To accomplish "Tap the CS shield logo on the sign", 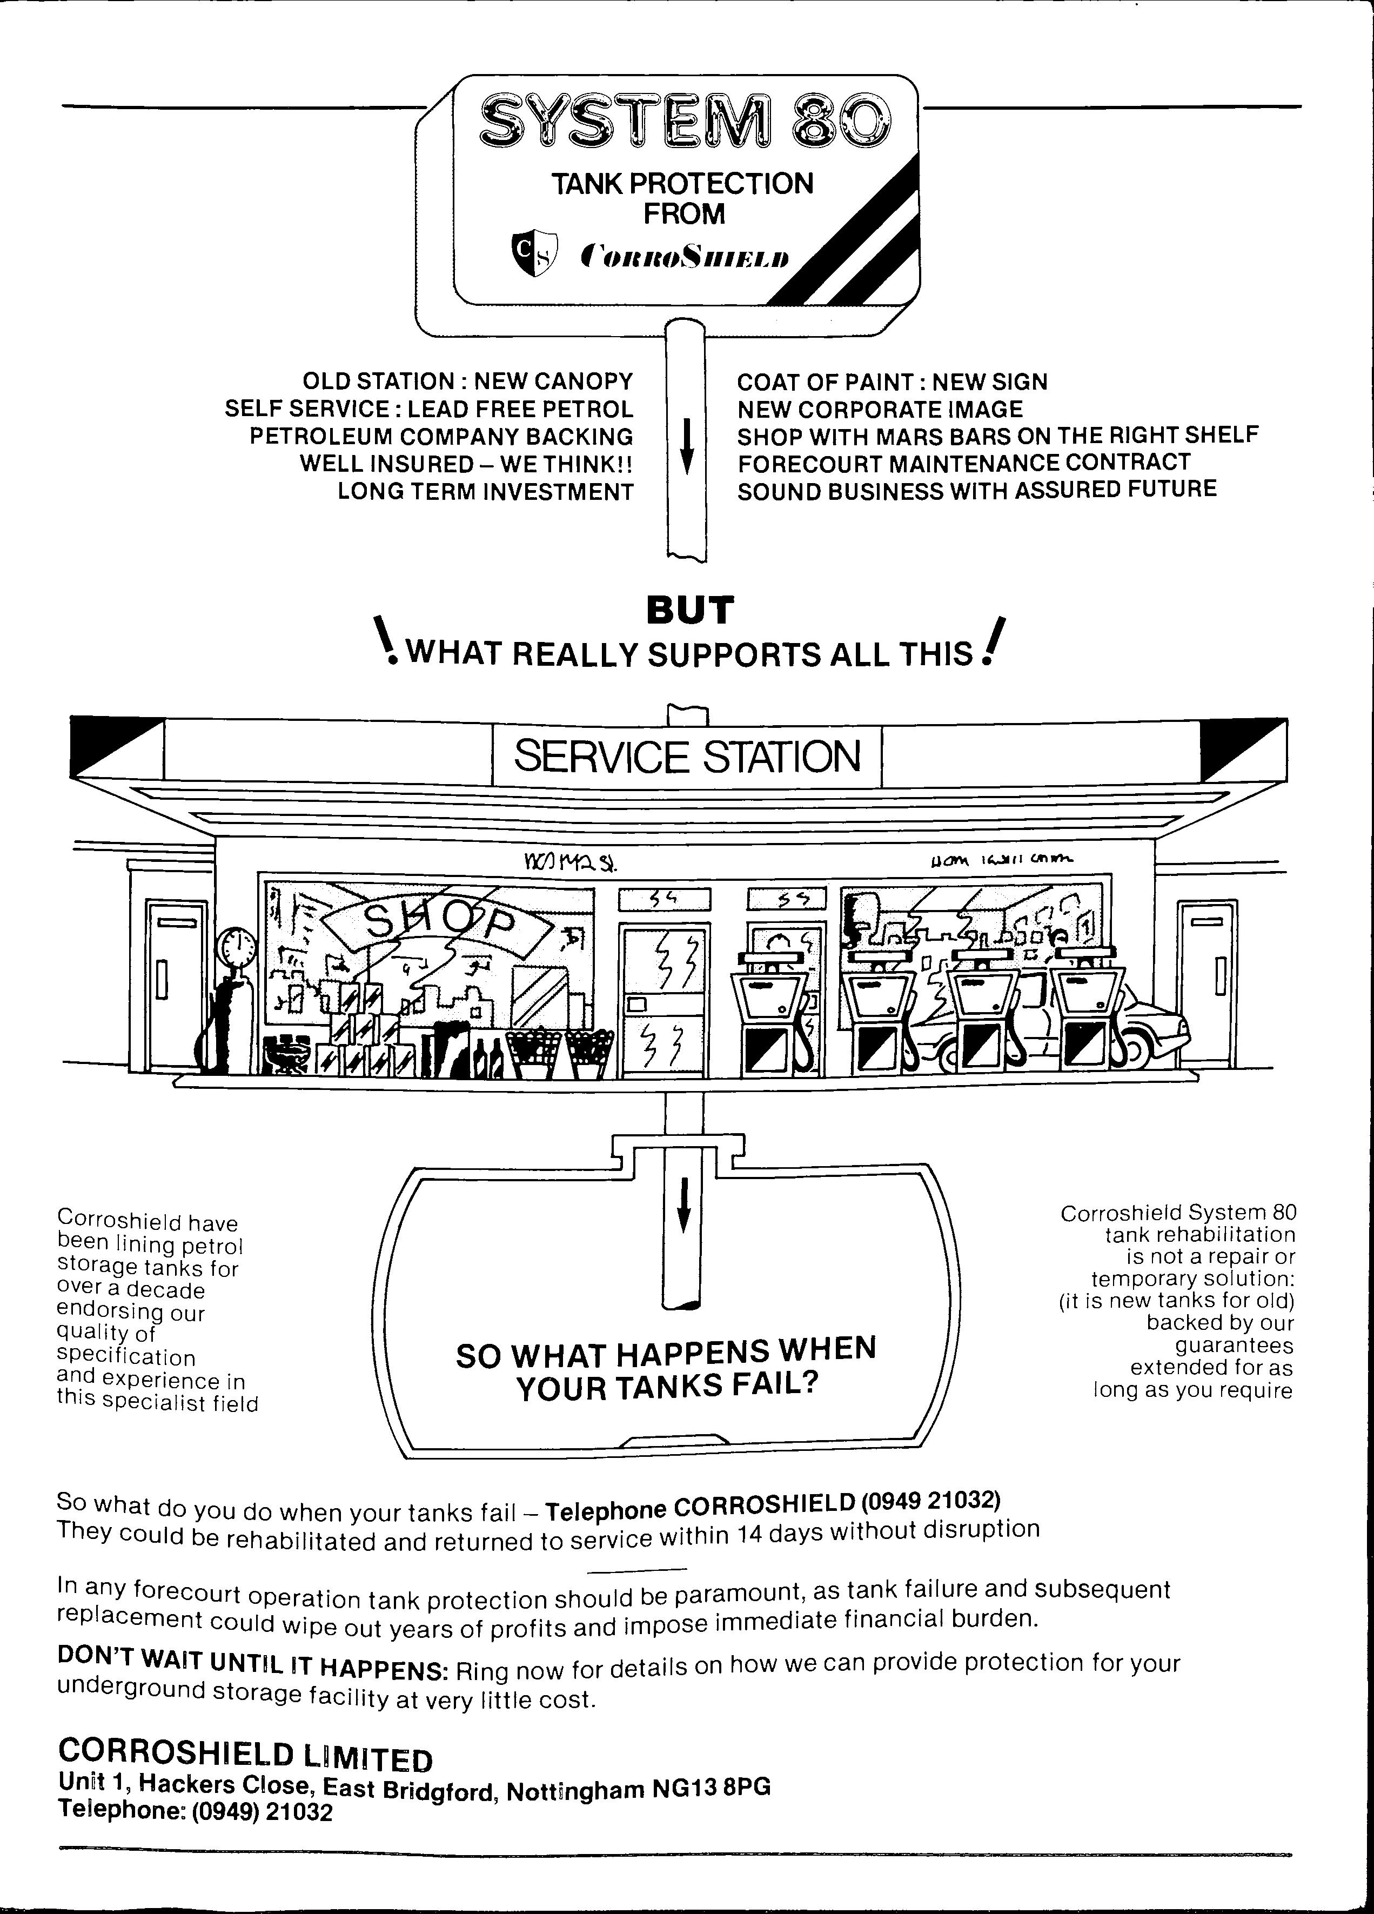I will [535, 254].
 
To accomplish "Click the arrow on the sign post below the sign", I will [687, 447].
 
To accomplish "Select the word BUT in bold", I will [689, 610].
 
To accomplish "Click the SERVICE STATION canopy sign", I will [687, 755].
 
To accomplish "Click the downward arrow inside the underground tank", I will [685, 1204].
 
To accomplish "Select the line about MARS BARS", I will [997, 436].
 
